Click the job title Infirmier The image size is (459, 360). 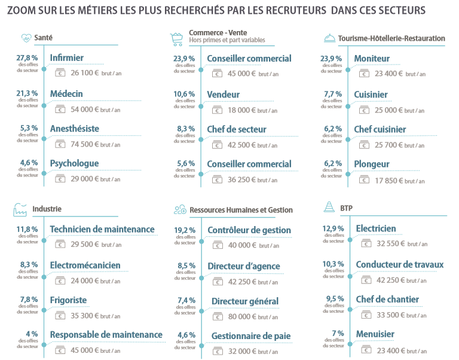66,58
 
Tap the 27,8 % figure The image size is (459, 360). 27,58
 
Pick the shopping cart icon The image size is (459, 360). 176,38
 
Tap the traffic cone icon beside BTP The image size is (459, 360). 329,208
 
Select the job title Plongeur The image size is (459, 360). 371,164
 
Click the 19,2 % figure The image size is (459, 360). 185,230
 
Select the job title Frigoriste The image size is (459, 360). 68,300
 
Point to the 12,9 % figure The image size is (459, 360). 333,228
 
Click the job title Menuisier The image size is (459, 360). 375,334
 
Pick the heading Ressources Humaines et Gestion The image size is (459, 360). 241,210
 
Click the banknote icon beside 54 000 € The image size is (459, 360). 60,109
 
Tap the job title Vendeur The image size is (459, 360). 223,94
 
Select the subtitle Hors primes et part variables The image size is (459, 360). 227,41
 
